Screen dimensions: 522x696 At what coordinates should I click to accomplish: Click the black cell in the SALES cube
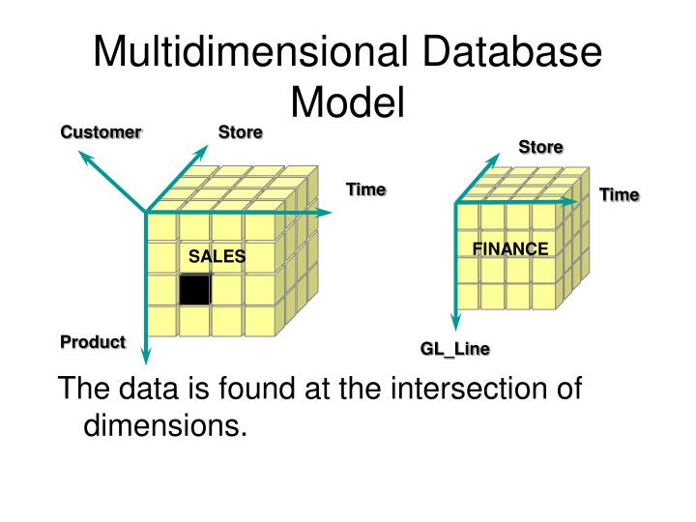[194, 290]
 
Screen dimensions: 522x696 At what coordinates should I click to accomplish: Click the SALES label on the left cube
[217, 256]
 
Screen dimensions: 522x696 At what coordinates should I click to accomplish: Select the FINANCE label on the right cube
[509, 248]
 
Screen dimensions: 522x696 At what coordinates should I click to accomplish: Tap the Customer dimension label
[101, 131]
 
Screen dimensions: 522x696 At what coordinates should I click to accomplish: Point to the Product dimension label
[93, 341]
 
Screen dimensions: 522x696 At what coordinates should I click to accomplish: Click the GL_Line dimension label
[454, 349]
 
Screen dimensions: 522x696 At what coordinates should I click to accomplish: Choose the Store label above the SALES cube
[240, 131]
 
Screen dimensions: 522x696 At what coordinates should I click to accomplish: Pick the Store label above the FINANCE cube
[540, 147]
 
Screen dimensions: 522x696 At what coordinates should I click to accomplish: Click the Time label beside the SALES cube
[365, 189]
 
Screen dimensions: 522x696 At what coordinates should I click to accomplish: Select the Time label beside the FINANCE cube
[619, 195]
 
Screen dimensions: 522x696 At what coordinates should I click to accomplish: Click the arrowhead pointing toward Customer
[86, 158]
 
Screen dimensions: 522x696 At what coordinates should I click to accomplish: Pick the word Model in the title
[347, 101]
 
